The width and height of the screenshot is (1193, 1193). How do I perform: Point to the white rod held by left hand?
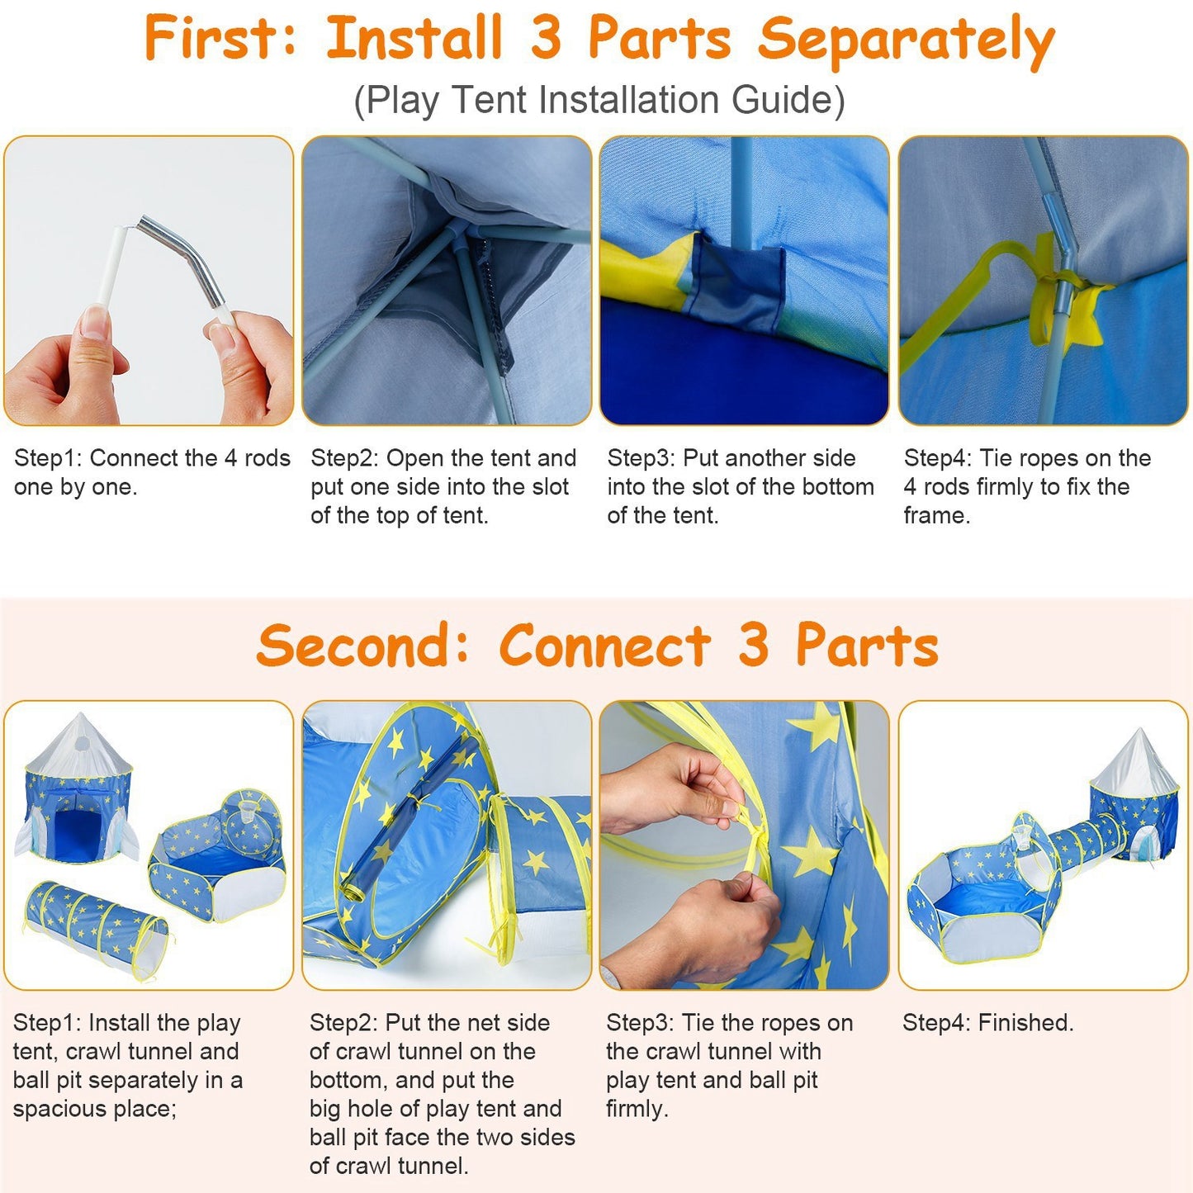pos(111,266)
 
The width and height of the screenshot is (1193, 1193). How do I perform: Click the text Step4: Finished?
pos(987,1024)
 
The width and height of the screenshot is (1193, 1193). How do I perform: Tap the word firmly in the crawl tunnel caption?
pos(637,1108)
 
